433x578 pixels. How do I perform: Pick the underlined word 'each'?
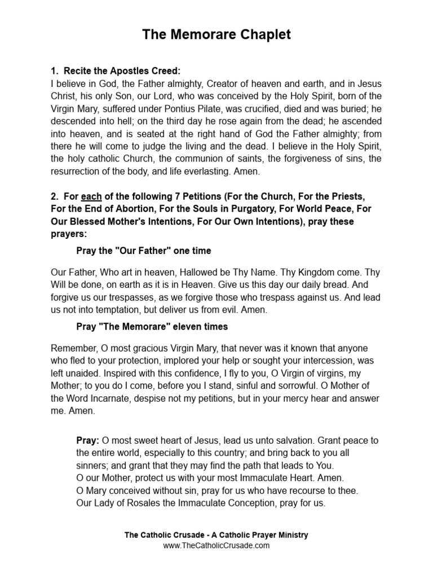click(91, 196)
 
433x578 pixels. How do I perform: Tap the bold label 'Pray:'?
click(88, 440)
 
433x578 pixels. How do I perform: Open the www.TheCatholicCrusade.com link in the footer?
click(216, 545)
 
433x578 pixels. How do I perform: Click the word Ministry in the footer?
click(290, 535)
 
